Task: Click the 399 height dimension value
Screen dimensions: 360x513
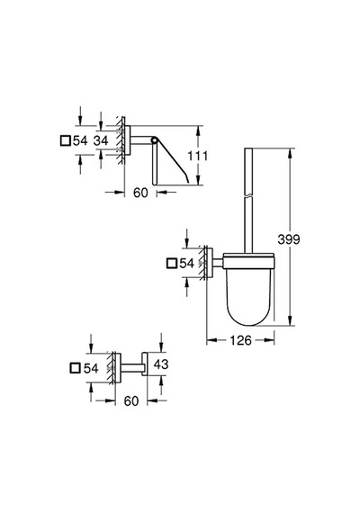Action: pyautogui.click(x=289, y=239)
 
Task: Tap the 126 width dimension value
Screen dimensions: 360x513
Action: pyautogui.click(x=240, y=340)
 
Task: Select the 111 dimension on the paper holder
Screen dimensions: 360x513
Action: pyautogui.click(x=197, y=156)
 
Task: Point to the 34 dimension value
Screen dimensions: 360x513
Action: pyautogui.click(x=101, y=140)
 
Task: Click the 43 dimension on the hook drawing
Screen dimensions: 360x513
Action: pyautogui.click(x=161, y=364)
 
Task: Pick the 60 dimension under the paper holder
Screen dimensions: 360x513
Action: pyautogui.click(x=140, y=193)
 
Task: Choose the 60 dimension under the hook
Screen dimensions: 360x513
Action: pyautogui.click(x=131, y=400)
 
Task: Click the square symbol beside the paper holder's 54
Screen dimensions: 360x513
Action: pyautogui.click(x=66, y=141)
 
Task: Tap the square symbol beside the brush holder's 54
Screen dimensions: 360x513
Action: pyautogui.click(x=172, y=264)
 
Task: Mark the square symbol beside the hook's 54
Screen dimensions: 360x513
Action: pyautogui.click(x=76, y=368)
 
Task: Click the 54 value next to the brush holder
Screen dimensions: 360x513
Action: pyautogui.click(x=187, y=264)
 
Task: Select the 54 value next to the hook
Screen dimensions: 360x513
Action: pyautogui.click(x=91, y=368)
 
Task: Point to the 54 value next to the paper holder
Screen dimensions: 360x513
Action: pyautogui.click(x=80, y=141)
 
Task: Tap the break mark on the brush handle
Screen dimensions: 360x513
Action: pyautogui.click(x=248, y=195)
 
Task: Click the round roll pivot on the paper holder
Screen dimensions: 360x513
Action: pyautogui.click(x=154, y=140)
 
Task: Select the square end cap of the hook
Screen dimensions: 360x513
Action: pyautogui.click(x=145, y=364)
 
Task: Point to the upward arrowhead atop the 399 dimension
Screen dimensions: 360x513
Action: pyautogui.click(x=290, y=152)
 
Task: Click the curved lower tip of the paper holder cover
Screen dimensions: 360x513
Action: pyautogui.click(x=186, y=179)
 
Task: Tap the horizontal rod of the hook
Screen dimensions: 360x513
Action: pyautogui.click(x=131, y=368)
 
